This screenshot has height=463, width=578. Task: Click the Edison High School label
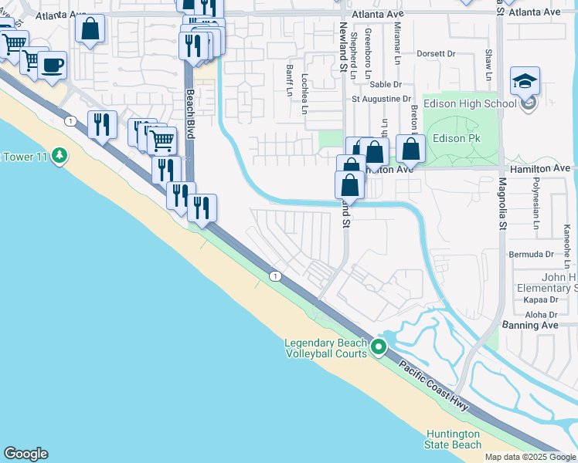(477, 103)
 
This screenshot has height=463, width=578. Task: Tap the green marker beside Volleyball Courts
(378, 349)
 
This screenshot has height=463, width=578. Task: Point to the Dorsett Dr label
(437, 54)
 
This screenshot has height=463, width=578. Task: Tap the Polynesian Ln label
(535, 204)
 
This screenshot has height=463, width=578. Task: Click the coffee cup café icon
(52, 65)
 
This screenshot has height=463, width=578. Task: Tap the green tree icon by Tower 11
(59, 157)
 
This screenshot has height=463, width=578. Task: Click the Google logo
(25, 454)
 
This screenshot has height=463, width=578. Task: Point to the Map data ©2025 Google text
(529, 457)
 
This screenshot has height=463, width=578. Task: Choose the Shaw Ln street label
(488, 65)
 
